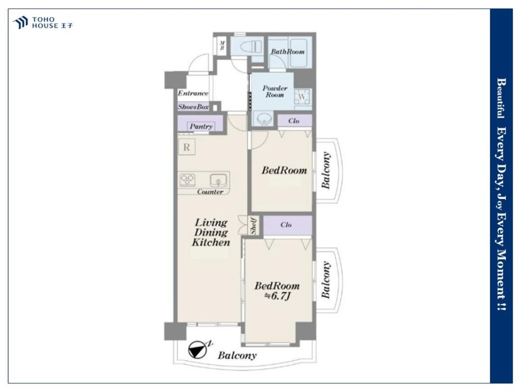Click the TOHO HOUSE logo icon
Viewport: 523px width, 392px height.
click(x=20, y=22)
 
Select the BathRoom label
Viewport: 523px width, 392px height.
click(x=288, y=52)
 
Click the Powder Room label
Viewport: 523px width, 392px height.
click(x=275, y=91)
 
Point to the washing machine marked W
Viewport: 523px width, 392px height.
click(x=302, y=97)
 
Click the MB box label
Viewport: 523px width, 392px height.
click(x=222, y=45)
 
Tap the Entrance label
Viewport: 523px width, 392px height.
click(x=193, y=93)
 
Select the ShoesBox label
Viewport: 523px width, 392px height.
click(x=194, y=107)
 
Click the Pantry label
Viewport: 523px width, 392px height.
click(x=201, y=126)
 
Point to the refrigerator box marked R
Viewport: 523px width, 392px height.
click(x=187, y=147)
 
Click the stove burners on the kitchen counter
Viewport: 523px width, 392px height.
click(x=188, y=180)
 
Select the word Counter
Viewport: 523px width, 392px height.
click(x=210, y=192)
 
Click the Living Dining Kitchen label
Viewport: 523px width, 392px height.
click(x=211, y=233)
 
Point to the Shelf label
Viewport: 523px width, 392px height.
click(x=254, y=226)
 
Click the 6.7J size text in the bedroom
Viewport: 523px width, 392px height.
click(x=278, y=296)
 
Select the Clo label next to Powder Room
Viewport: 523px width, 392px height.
click(x=294, y=121)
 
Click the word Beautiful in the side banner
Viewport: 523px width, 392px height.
click(x=501, y=98)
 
